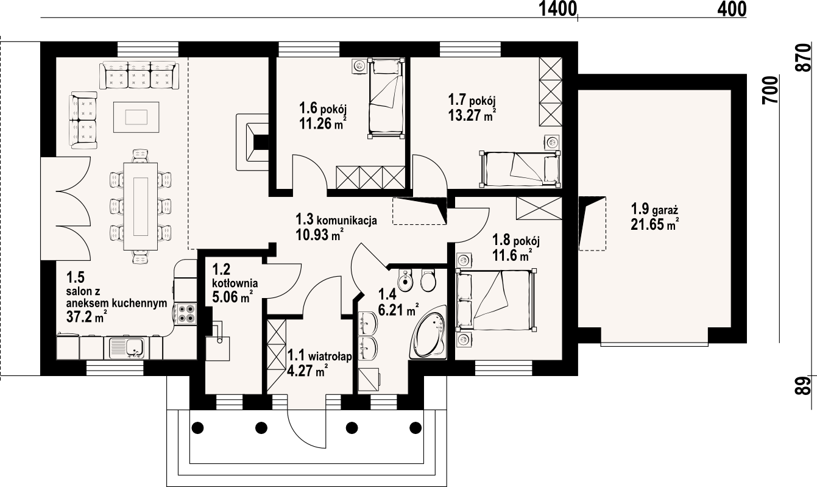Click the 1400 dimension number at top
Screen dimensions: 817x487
557,9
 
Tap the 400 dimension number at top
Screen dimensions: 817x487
732,9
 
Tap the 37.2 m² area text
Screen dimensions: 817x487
87,316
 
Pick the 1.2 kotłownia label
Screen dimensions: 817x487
235,276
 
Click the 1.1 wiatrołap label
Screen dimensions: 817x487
319,355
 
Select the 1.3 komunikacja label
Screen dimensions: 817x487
336,219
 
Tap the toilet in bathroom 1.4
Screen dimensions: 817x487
428,280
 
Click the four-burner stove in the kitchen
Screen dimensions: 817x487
185,313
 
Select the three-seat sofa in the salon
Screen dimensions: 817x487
140,75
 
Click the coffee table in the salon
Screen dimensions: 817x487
136,117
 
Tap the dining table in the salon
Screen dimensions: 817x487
140,207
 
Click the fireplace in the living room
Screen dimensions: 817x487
252,142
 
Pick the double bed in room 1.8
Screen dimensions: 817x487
495,300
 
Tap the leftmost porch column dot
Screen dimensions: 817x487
197,427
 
